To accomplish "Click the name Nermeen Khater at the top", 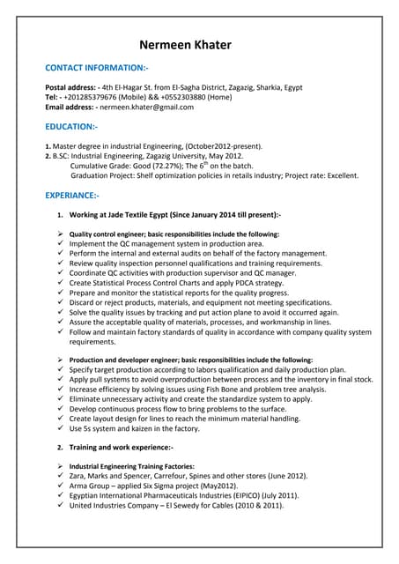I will tap(199, 45).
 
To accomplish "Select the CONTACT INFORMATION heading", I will tap(97, 68).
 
